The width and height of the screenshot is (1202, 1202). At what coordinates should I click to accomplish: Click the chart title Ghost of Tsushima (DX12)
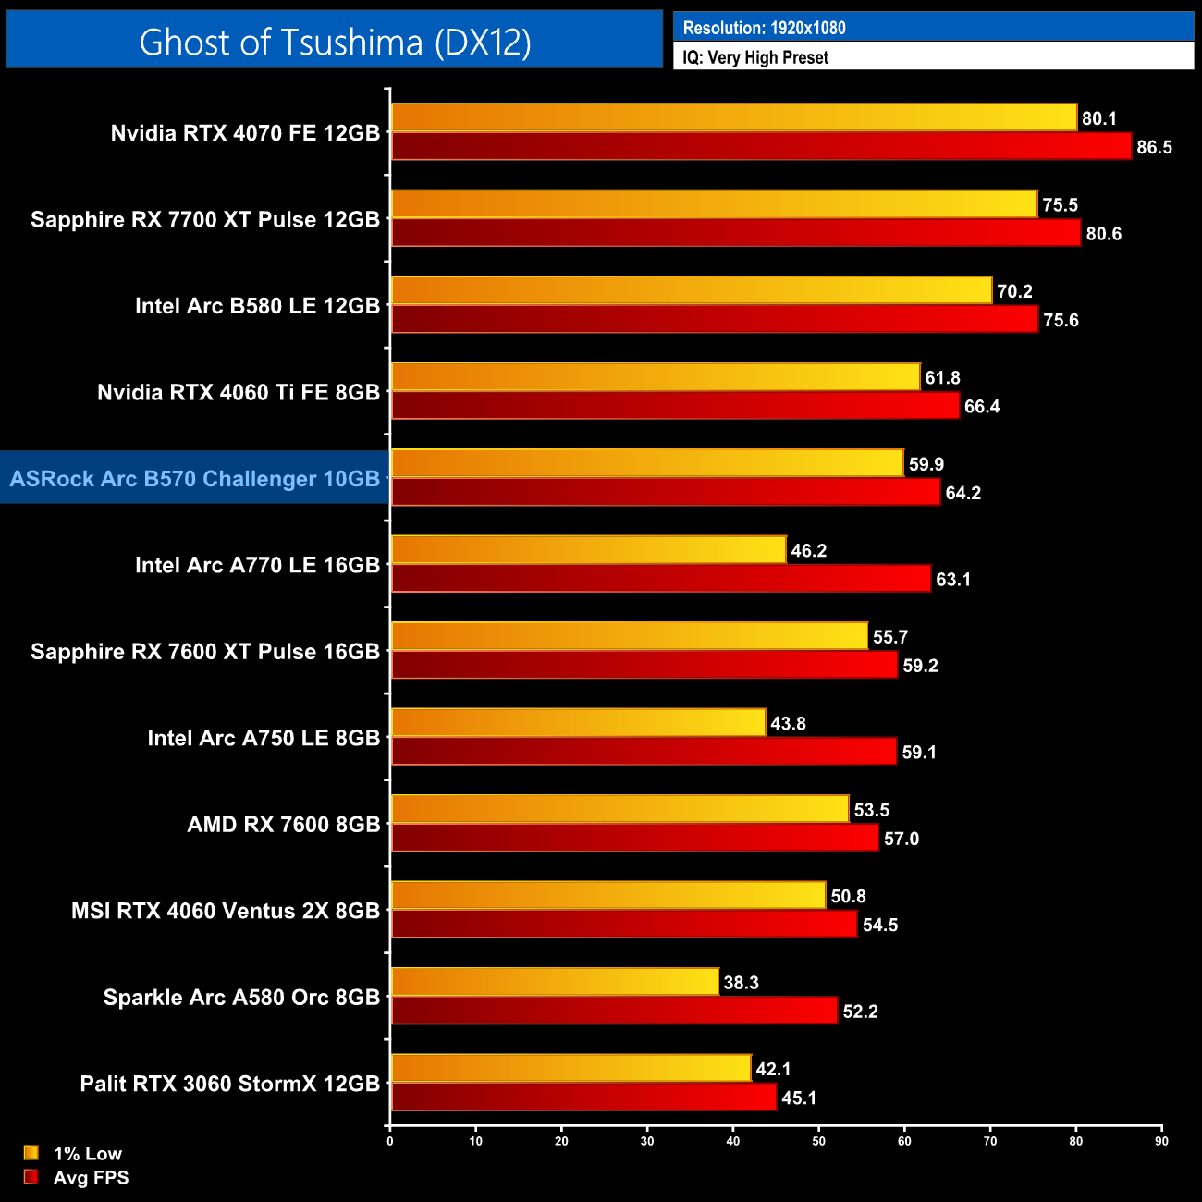coord(335,42)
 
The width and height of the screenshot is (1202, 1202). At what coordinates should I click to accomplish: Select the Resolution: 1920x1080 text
coord(764,28)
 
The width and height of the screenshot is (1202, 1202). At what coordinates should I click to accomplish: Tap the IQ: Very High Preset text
coord(755,57)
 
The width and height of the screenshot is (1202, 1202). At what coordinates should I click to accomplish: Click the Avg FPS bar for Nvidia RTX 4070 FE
coord(761,146)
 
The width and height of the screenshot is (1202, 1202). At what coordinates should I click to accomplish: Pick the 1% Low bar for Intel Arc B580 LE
coord(692,290)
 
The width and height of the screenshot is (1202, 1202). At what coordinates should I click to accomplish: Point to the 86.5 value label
coord(1154,147)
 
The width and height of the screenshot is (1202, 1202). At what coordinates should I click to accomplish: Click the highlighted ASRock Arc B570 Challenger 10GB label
coord(195,478)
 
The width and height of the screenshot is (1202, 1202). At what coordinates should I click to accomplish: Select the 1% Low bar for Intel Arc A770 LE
coord(589,550)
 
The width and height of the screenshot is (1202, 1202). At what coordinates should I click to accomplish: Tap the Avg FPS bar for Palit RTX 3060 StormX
coord(583,1098)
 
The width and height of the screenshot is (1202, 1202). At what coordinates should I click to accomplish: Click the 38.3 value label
coord(741,982)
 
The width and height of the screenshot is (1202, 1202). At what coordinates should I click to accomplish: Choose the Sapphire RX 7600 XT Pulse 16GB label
coord(205,651)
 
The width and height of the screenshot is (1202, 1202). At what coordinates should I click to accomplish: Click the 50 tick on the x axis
coord(818,1141)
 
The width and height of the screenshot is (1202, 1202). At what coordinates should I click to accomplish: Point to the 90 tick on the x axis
coord(1161,1141)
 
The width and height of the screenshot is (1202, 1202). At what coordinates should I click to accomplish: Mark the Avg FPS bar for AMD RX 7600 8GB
coord(634,838)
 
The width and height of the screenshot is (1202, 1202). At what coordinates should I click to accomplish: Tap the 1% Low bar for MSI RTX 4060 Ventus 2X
coord(608,895)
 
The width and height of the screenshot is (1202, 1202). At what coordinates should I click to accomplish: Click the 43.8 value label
coord(788,723)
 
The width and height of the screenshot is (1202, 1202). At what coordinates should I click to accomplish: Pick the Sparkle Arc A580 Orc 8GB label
coord(241,997)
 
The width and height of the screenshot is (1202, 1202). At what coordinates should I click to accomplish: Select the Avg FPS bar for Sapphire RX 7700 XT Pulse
coord(736,233)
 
